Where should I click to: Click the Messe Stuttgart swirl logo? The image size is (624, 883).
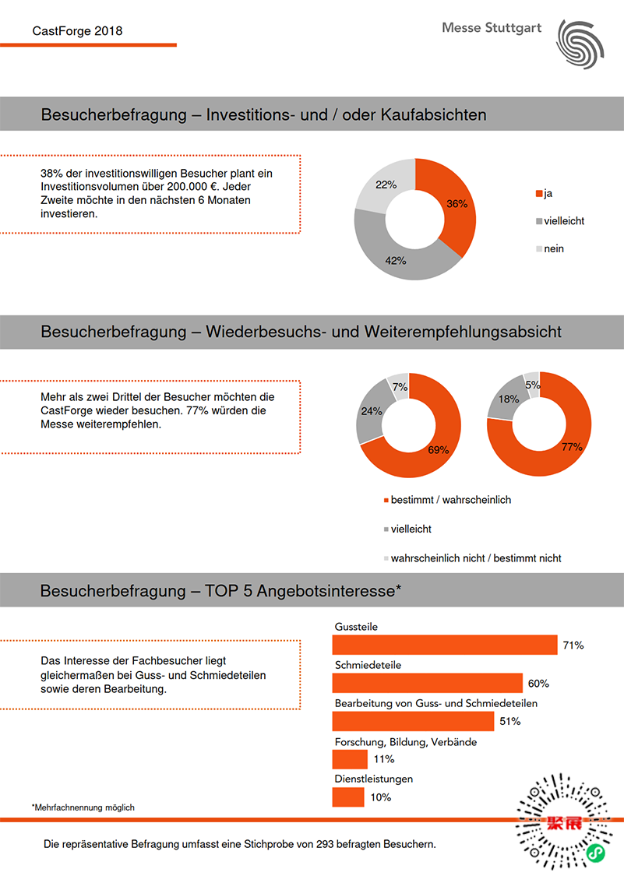pyautogui.click(x=580, y=42)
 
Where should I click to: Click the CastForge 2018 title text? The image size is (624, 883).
pyautogui.click(x=77, y=32)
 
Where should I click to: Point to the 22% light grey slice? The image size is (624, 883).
pyautogui.click(x=385, y=185)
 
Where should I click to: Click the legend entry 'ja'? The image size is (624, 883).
pyautogui.click(x=548, y=192)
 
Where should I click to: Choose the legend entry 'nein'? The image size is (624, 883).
pyautogui.click(x=553, y=248)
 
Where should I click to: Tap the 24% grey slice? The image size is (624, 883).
pyautogui.click(x=371, y=410)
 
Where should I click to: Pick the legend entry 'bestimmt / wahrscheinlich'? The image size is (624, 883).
pyautogui.click(x=450, y=500)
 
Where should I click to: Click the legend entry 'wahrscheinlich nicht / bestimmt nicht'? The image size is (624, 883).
pyautogui.click(x=475, y=558)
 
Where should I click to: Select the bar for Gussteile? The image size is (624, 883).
pyautogui.click(x=444, y=645)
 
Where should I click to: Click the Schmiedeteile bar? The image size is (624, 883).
pyautogui.click(x=427, y=683)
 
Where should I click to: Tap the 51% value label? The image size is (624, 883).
pyautogui.click(x=509, y=722)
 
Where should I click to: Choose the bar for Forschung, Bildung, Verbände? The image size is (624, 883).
pyautogui.click(x=349, y=759)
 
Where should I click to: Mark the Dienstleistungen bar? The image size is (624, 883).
pyautogui.click(x=347, y=797)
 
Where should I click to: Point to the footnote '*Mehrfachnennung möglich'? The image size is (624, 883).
pyautogui.click(x=83, y=807)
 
